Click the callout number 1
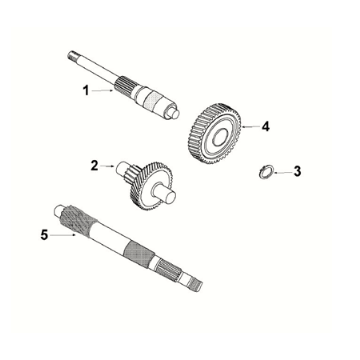pos(86,90)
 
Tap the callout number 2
pos(94,165)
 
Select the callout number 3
pos(296,171)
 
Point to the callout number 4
pos(266,127)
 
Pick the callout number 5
pos(43,236)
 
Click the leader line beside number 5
pos(61,236)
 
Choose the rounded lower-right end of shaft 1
pos(176,113)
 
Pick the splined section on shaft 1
pos(128,86)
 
